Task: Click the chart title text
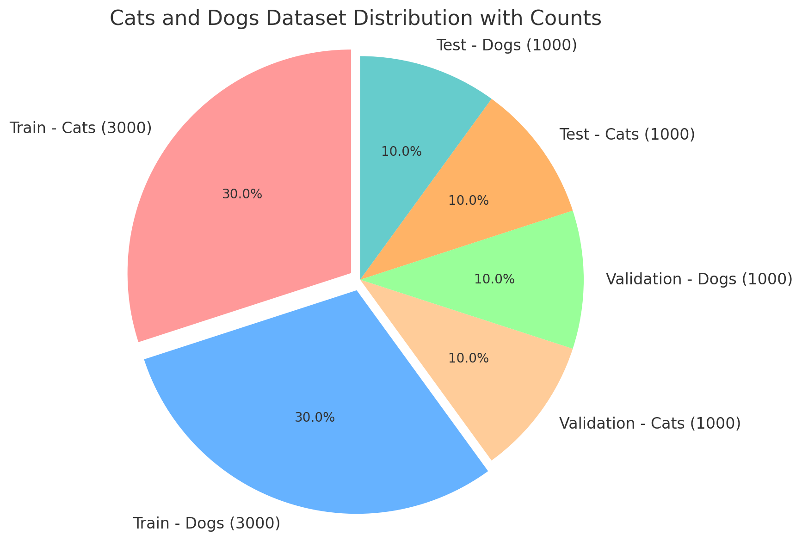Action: (355, 18)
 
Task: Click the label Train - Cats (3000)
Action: (80, 128)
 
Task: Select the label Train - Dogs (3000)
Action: (206, 523)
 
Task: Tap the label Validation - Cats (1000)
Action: (650, 423)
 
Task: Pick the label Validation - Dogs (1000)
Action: (699, 279)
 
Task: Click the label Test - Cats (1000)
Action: (627, 135)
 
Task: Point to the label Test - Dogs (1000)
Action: (506, 46)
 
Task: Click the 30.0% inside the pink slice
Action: (242, 194)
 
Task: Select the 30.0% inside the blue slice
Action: (315, 418)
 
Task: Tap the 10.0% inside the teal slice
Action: (401, 151)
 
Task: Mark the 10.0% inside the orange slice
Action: (468, 201)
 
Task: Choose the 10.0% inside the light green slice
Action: (494, 279)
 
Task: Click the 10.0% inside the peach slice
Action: (468, 358)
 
